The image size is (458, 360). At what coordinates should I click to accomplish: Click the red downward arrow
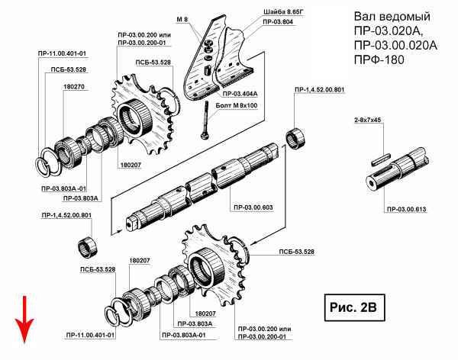(x=24, y=320)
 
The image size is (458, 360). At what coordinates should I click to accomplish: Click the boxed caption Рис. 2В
(x=354, y=307)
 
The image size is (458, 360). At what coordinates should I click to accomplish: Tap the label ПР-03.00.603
(x=253, y=207)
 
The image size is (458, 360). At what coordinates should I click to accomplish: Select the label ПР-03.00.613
(x=406, y=209)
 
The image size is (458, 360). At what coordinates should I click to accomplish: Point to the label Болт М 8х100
(x=237, y=105)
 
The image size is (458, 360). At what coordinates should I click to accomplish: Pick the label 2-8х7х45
(x=367, y=120)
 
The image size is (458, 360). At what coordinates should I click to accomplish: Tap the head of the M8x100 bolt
(x=204, y=136)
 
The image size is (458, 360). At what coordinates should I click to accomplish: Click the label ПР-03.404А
(x=240, y=94)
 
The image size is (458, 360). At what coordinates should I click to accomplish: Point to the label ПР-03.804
(x=278, y=21)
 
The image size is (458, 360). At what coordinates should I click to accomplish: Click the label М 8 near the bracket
(x=182, y=20)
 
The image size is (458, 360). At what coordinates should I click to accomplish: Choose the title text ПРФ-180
(x=379, y=59)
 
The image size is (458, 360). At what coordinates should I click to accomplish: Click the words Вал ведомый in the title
(x=392, y=16)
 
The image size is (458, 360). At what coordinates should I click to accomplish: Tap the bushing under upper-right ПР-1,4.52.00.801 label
(x=295, y=138)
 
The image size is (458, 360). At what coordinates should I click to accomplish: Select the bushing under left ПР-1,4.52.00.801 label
(x=88, y=248)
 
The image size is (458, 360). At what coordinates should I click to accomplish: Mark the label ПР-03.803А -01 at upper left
(x=64, y=188)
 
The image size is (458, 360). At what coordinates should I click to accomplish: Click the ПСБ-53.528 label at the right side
(x=296, y=252)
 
